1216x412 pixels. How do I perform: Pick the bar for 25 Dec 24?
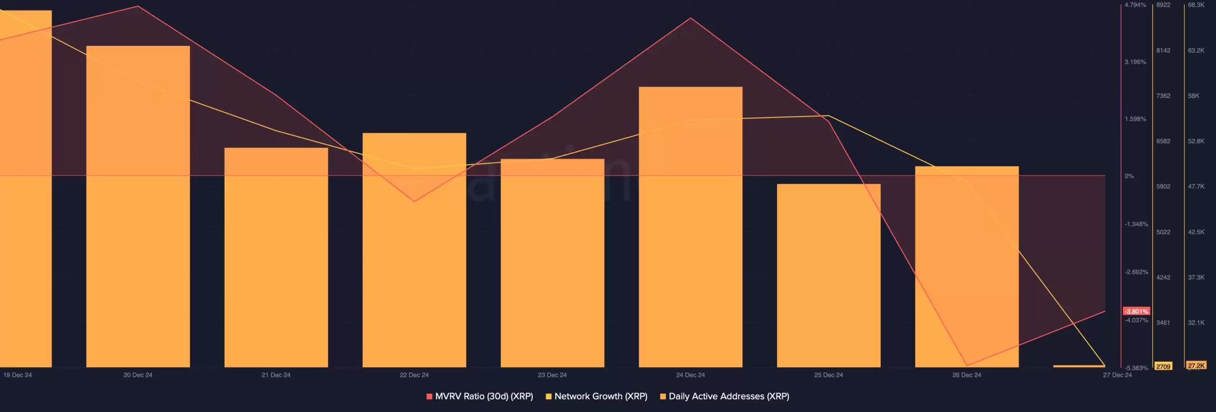[x=828, y=275]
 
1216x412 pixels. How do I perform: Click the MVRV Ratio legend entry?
[x=480, y=396]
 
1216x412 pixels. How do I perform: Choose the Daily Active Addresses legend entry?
[x=725, y=396]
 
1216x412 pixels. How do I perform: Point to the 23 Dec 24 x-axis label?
[x=552, y=375]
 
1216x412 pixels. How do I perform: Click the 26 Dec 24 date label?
[x=966, y=375]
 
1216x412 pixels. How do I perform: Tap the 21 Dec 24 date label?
[x=276, y=375]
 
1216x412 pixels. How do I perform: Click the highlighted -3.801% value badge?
[x=1136, y=311]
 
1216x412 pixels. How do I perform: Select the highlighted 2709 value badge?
[x=1163, y=366]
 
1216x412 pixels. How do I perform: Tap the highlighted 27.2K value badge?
[x=1196, y=365]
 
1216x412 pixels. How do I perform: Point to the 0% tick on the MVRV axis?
[x=1129, y=176]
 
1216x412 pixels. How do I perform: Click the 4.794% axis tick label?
[x=1135, y=5]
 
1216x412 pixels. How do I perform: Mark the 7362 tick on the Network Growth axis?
[x=1163, y=96]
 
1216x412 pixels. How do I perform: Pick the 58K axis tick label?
[x=1194, y=96]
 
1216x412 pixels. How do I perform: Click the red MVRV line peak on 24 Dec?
[x=690, y=18]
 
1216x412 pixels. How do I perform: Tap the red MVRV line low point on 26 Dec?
[x=967, y=365]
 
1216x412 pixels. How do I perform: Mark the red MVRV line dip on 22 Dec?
[x=414, y=201]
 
